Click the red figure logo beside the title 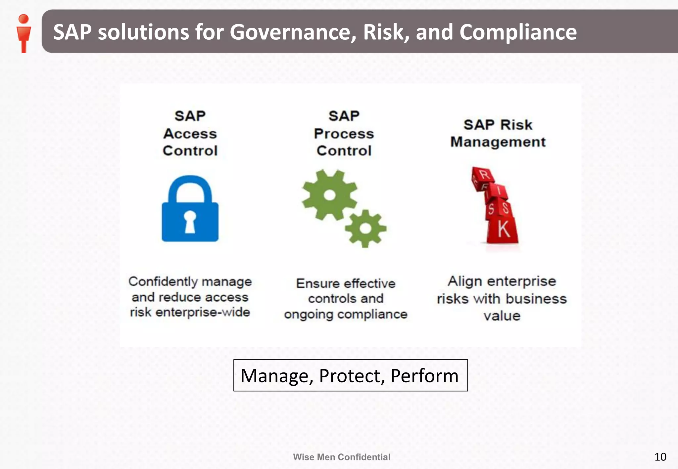coord(24,33)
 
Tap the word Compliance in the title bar coord(518,32)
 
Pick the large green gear coord(329,195)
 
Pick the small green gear coord(365,228)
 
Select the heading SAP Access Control coord(190,133)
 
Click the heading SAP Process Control coord(344,133)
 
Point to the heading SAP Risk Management coord(498,133)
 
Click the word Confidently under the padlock coord(163,281)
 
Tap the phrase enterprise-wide coord(203,312)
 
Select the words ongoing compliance coord(346,314)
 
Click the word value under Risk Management coord(502,316)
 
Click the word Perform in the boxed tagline coord(424,376)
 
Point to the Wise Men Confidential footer coord(341,457)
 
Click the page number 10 coord(660,457)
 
